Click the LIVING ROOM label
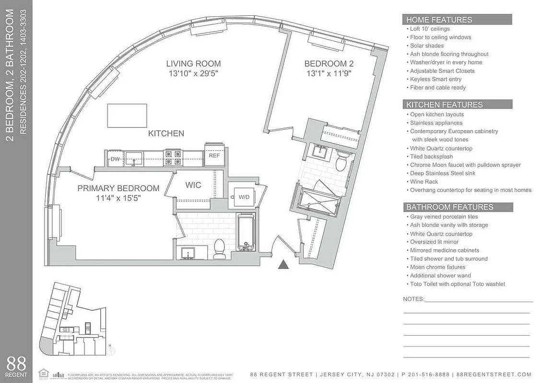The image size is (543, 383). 193,64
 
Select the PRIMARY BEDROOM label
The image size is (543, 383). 118,189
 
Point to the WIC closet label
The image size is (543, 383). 193,185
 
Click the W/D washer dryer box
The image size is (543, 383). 244,197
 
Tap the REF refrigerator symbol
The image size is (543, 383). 214,155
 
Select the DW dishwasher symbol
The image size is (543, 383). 115,158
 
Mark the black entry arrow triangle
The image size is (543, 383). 284,264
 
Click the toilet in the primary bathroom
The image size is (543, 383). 219,248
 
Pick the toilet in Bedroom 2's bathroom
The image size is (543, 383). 341,162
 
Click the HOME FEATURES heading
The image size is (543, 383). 439,20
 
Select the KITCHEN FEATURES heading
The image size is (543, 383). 444,104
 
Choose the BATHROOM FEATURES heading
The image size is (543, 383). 449,207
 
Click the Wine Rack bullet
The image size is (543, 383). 424,182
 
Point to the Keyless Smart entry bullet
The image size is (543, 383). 436,79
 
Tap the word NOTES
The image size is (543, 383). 413,299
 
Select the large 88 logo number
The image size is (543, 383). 16,363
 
